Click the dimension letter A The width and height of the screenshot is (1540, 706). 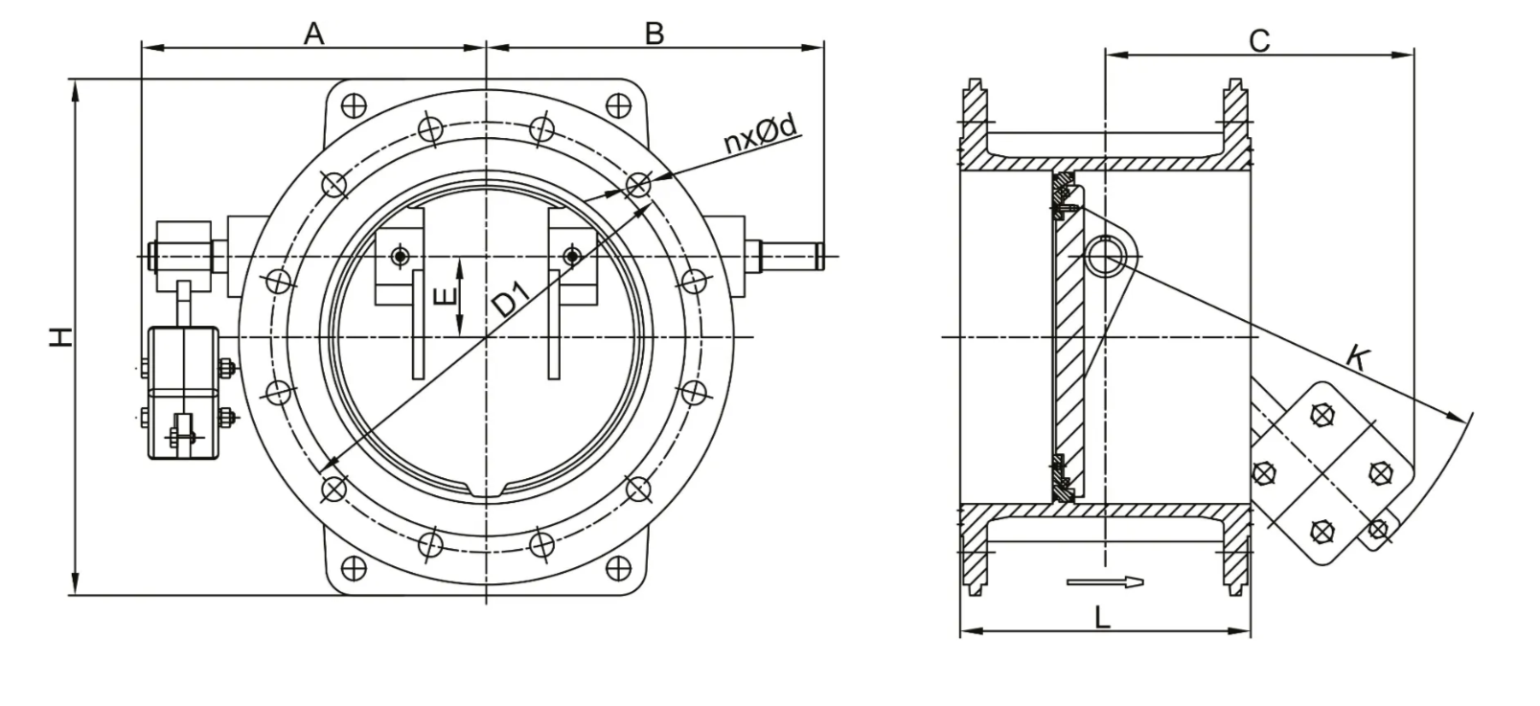[313, 33]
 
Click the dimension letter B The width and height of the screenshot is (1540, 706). [655, 33]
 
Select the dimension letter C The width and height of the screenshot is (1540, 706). [1259, 41]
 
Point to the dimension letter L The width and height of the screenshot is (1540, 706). [1102, 618]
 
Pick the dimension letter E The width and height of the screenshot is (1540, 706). [447, 296]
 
